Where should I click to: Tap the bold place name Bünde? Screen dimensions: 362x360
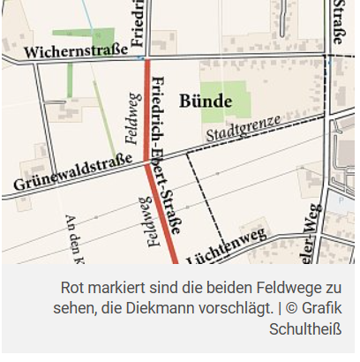pos(206,101)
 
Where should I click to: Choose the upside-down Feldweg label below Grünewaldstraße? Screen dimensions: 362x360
pos(143,217)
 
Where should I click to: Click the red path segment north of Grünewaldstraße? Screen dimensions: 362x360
pos(146,110)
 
